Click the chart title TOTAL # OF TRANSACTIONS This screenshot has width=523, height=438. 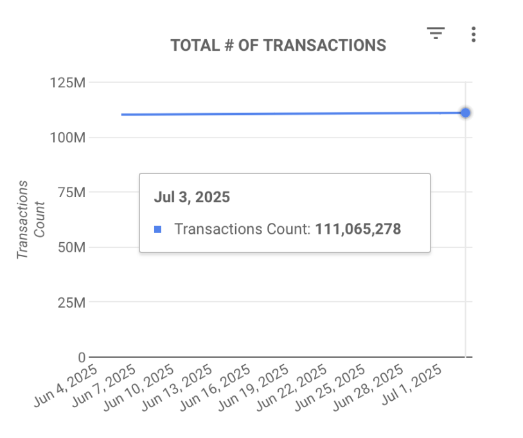pyautogui.click(x=278, y=46)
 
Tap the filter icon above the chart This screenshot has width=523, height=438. pyautogui.click(x=436, y=33)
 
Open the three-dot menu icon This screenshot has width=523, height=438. pyautogui.click(x=473, y=34)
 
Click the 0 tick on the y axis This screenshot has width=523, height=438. pyautogui.click(x=82, y=357)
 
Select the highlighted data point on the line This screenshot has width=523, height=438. pyautogui.click(x=465, y=113)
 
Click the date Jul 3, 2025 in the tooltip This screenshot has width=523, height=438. pyautogui.click(x=191, y=197)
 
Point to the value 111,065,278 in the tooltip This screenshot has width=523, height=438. pyautogui.click(x=358, y=229)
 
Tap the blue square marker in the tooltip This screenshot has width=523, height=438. pyautogui.click(x=158, y=229)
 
